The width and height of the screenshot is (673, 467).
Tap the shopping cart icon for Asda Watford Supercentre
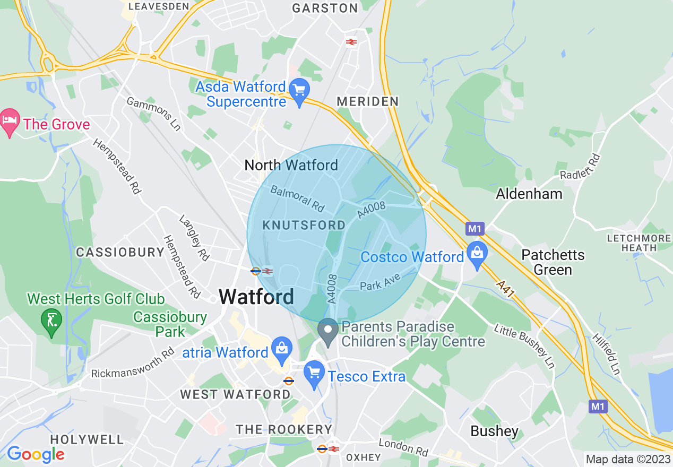pyautogui.click(x=300, y=91)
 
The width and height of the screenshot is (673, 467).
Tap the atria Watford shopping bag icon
pyautogui.click(x=281, y=349)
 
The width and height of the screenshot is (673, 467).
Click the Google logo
pyautogui.click(x=36, y=454)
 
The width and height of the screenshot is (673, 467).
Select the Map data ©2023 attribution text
pyautogui.click(x=627, y=459)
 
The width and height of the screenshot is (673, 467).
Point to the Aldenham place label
pyautogui.click(x=529, y=194)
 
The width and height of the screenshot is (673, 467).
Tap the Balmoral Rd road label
pyautogui.click(x=297, y=198)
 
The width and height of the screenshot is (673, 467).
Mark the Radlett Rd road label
pyautogui.click(x=580, y=167)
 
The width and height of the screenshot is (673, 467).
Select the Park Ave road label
pyautogui.click(x=380, y=282)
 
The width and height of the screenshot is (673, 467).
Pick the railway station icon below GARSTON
pyautogui.click(x=351, y=42)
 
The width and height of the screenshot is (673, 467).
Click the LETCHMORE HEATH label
pyautogui.click(x=639, y=243)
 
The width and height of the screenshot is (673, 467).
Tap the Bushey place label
pyautogui.click(x=494, y=431)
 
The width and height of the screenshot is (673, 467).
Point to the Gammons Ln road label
pyautogui.click(x=154, y=114)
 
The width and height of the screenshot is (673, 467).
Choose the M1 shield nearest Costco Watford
pyautogui.click(x=474, y=229)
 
